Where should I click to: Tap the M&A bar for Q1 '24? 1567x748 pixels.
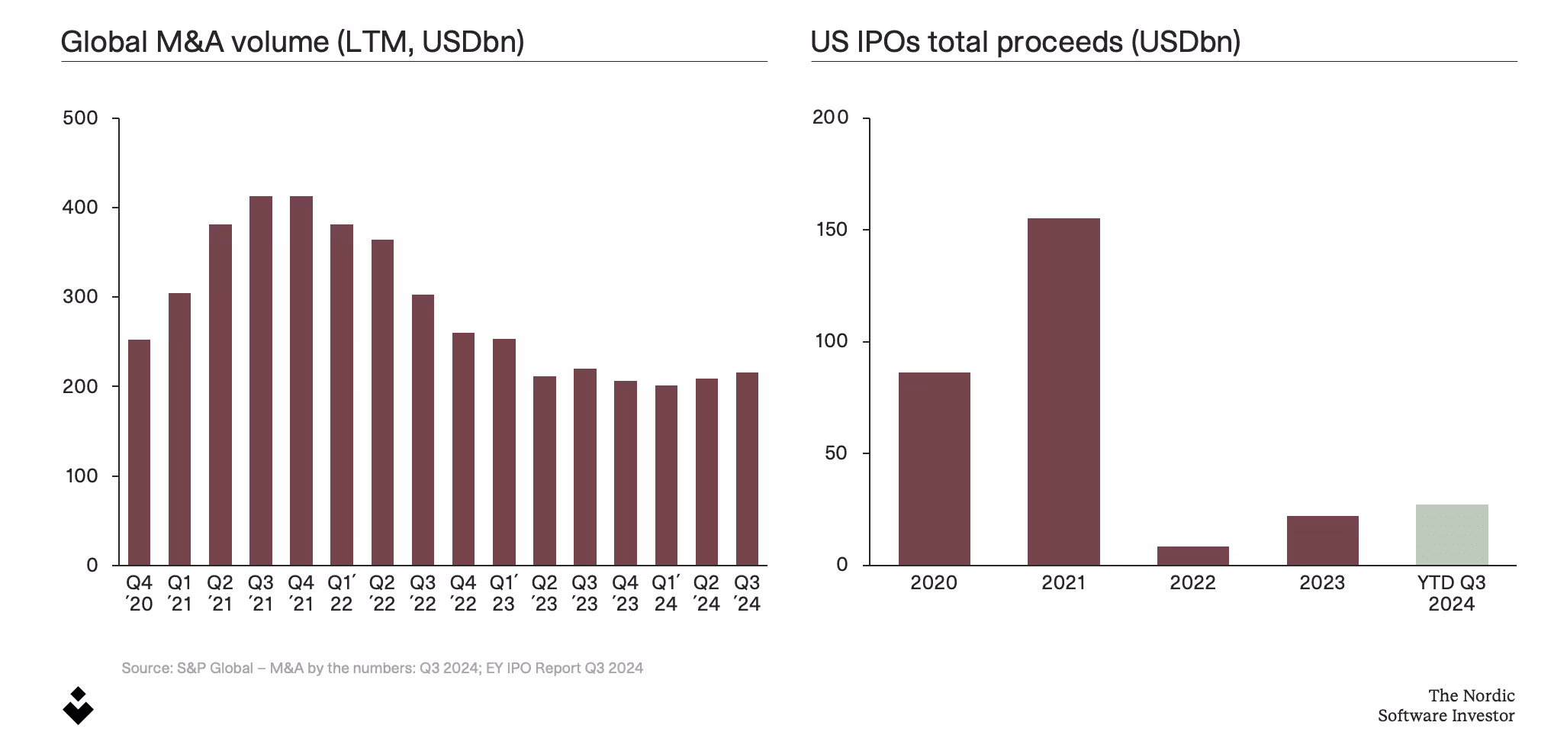coord(666,475)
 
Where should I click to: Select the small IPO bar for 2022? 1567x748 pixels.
coord(1192,556)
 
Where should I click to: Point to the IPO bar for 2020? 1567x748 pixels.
coord(934,469)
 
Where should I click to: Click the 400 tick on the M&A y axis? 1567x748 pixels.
coord(80,208)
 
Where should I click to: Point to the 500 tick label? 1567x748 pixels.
coord(80,118)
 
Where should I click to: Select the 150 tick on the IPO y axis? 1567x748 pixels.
coord(831,230)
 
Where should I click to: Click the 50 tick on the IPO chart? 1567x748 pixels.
coord(835,453)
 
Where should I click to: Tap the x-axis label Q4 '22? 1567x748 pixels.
coord(463,593)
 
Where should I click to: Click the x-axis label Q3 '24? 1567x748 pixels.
coord(747,593)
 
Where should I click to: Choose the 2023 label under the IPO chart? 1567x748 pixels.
coord(1322,583)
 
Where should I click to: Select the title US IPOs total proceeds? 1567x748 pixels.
coord(1025,41)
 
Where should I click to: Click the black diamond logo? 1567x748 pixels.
coord(78,706)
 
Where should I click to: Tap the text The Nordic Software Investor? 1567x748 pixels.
coord(1446,705)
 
